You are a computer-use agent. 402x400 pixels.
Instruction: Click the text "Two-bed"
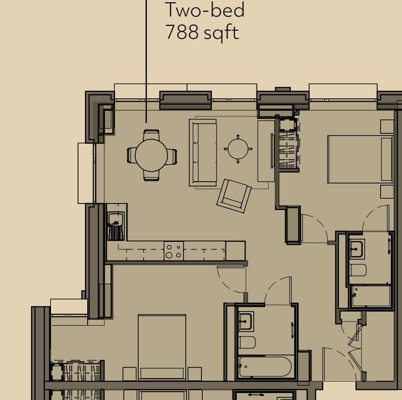click(204, 10)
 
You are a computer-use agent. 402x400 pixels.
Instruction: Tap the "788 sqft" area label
click(202, 32)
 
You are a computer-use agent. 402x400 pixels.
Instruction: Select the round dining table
click(151, 155)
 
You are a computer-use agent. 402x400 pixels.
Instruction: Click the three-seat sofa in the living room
click(203, 153)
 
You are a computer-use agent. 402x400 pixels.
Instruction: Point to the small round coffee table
click(238, 149)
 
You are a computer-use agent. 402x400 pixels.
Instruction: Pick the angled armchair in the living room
click(234, 196)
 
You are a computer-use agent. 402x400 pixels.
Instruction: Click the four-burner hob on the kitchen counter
click(174, 251)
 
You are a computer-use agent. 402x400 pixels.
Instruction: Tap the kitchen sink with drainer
click(116, 226)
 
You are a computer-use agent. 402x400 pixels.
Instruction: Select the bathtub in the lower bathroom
click(265, 367)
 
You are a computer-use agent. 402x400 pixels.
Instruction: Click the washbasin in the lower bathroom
click(246, 322)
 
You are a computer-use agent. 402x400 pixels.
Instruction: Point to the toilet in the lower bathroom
click(247, 342)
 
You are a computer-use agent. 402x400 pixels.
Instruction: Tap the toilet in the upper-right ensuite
click(358, 271)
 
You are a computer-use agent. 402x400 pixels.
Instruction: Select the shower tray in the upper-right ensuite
click(371, 296)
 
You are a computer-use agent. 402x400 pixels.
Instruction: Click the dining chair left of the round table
click(131, 155)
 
